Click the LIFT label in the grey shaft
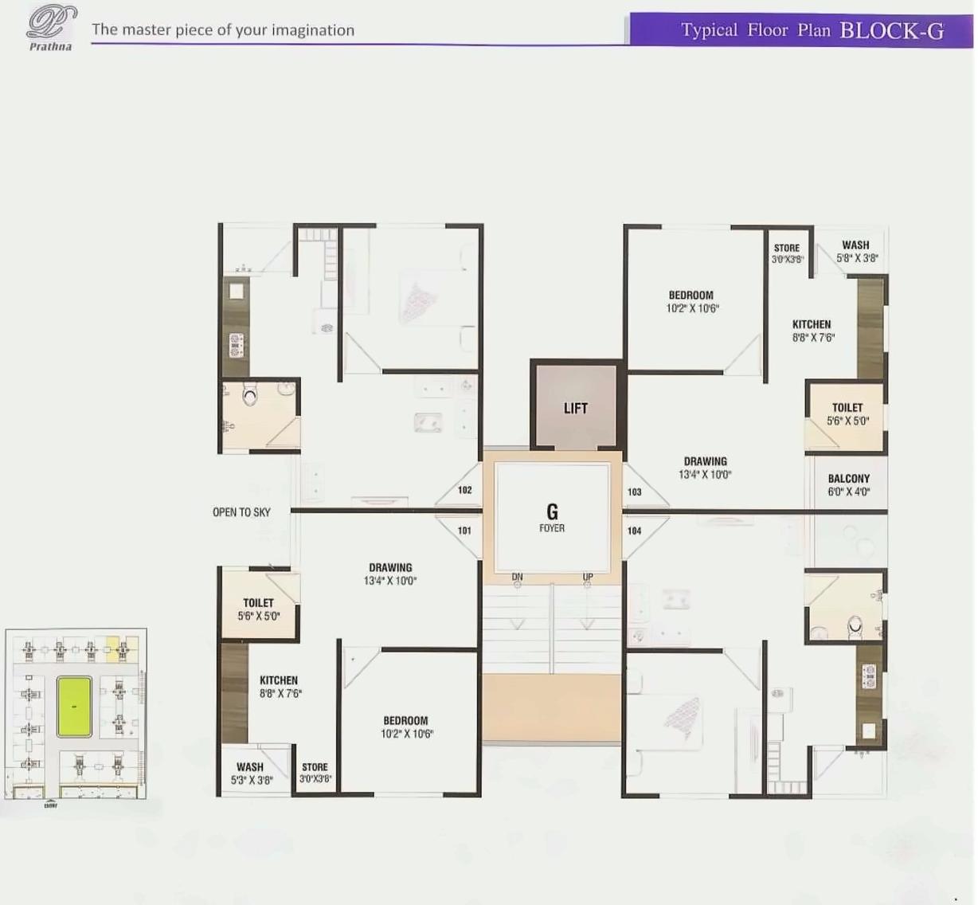click(x=575, y=408)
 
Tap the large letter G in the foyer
click(x=552, y=511)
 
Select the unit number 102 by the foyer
click(x=465, y=490)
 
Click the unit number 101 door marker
click(x=464, y=531)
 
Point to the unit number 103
click(x=634, y=492)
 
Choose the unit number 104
click(x=634, y=531)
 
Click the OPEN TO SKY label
click(x=241, y=512)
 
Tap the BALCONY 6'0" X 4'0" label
click(x=848, y=485)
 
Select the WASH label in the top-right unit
click(x=855, y=245)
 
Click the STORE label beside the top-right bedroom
click(x=786, y=248)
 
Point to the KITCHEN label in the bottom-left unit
click(x=279, y=680)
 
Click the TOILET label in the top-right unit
click(x=847, y=407)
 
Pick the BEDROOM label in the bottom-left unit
click(x=405, y=720)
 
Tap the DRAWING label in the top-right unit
click(x=705, y=461)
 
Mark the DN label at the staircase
click(x=517, y=577)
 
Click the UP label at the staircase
click(x=588, y=577)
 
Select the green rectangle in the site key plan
click(x=74, y=707)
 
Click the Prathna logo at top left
click(x=51, y=28)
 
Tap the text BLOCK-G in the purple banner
click(x=891, y=31)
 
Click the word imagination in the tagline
click(x=312, y=30)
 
